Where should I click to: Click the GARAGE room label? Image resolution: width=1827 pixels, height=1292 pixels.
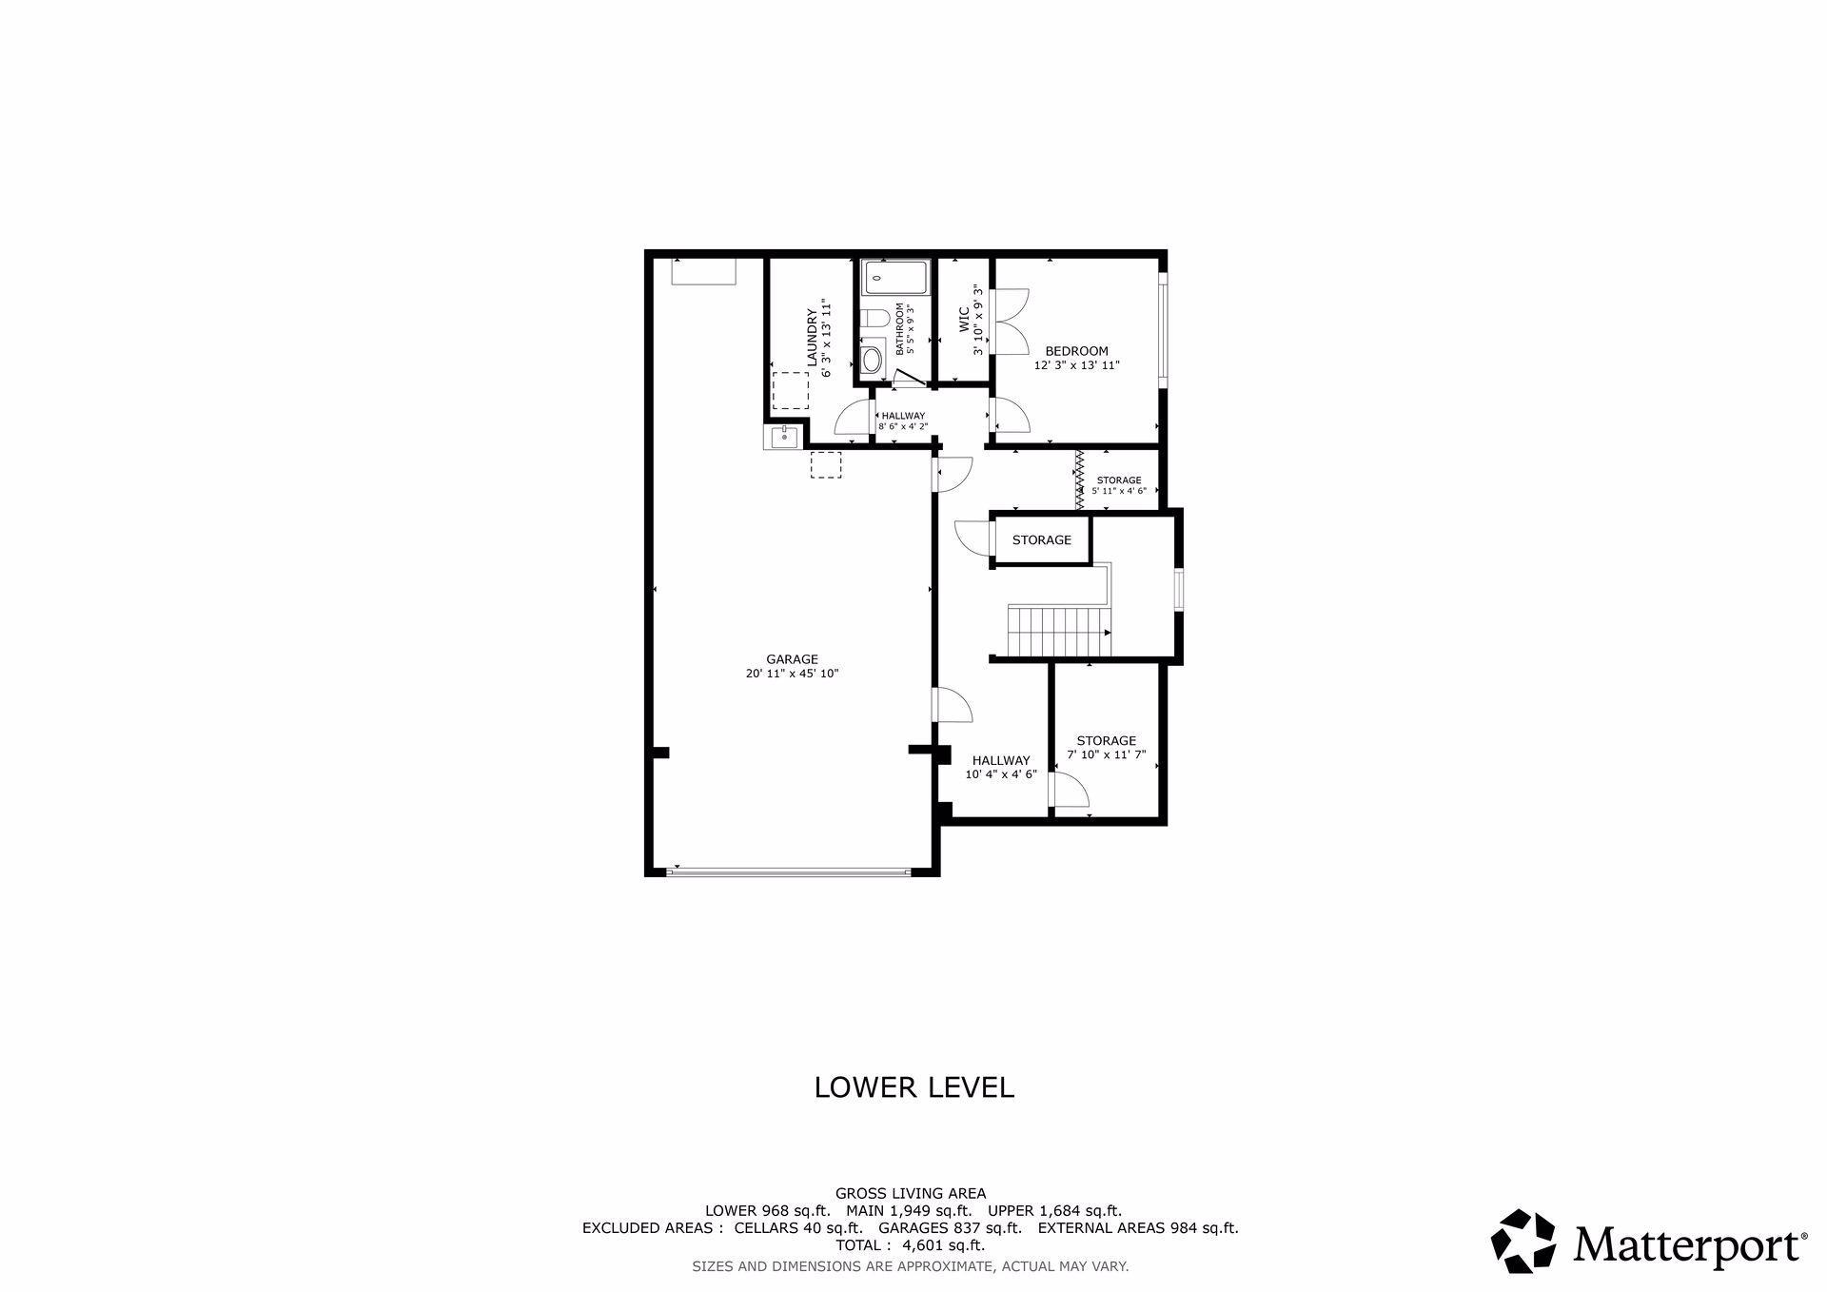pyautogui.click(x=792, y=659)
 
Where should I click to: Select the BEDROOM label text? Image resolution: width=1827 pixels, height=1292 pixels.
pyautogui.click(x=1076, y=351)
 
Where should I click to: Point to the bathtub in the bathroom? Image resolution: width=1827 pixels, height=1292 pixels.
pyautogui.click(x=895, y=278)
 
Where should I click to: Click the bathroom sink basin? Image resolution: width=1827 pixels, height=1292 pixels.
pyautogui.click(x=872, y=360)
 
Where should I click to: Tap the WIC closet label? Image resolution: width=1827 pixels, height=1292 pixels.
pyautogui.click(x=963, y=319)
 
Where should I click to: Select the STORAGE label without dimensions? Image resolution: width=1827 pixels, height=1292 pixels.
pyautogui.click(x=1041, y=539)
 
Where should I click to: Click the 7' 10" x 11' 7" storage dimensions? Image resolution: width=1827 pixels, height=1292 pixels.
pyautogui.click(x=1106, y=754)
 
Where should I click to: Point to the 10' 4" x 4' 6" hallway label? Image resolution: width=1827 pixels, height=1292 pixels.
pyautogui.click(x=1000, y=774)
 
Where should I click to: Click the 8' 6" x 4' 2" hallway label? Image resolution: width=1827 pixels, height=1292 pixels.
pyautogui.click(x=902, y=426)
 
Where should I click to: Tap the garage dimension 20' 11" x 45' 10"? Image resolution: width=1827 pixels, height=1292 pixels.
pyautogui.click(x=792, y=674)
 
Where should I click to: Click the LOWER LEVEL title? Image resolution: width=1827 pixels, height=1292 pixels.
pyautogui.click(x=913, y=1087)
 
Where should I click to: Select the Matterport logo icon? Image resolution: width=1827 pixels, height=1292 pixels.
pyautogui.click(x=1522, y=1241)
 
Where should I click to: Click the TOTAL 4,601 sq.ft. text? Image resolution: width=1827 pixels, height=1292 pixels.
pyautogui.click(x=911, y=1245)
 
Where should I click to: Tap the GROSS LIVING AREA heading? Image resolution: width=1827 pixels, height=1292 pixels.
pyautogui.click(x=911, y=1193)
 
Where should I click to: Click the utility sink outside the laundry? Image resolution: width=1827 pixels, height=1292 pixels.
pyautogui.click(x=783, y=438)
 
